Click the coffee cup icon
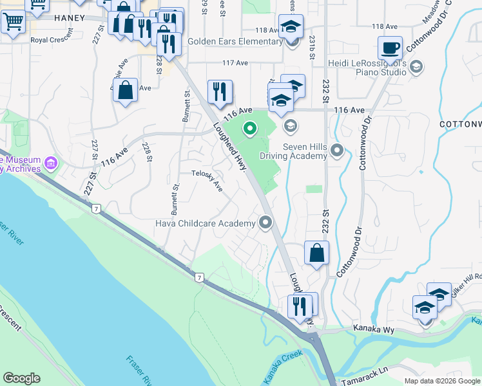click(x=391, y=48)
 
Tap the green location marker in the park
click(x=250, y=130)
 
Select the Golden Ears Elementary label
click(x=235, y=42)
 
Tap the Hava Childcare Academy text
click(x=206, y=223)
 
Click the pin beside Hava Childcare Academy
click(x=265, y=223)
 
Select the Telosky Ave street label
click(x=207, y=181)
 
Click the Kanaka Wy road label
click(x=372, y=328)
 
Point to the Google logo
click(x=21, y=378)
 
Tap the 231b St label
click(x=311, y=48)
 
